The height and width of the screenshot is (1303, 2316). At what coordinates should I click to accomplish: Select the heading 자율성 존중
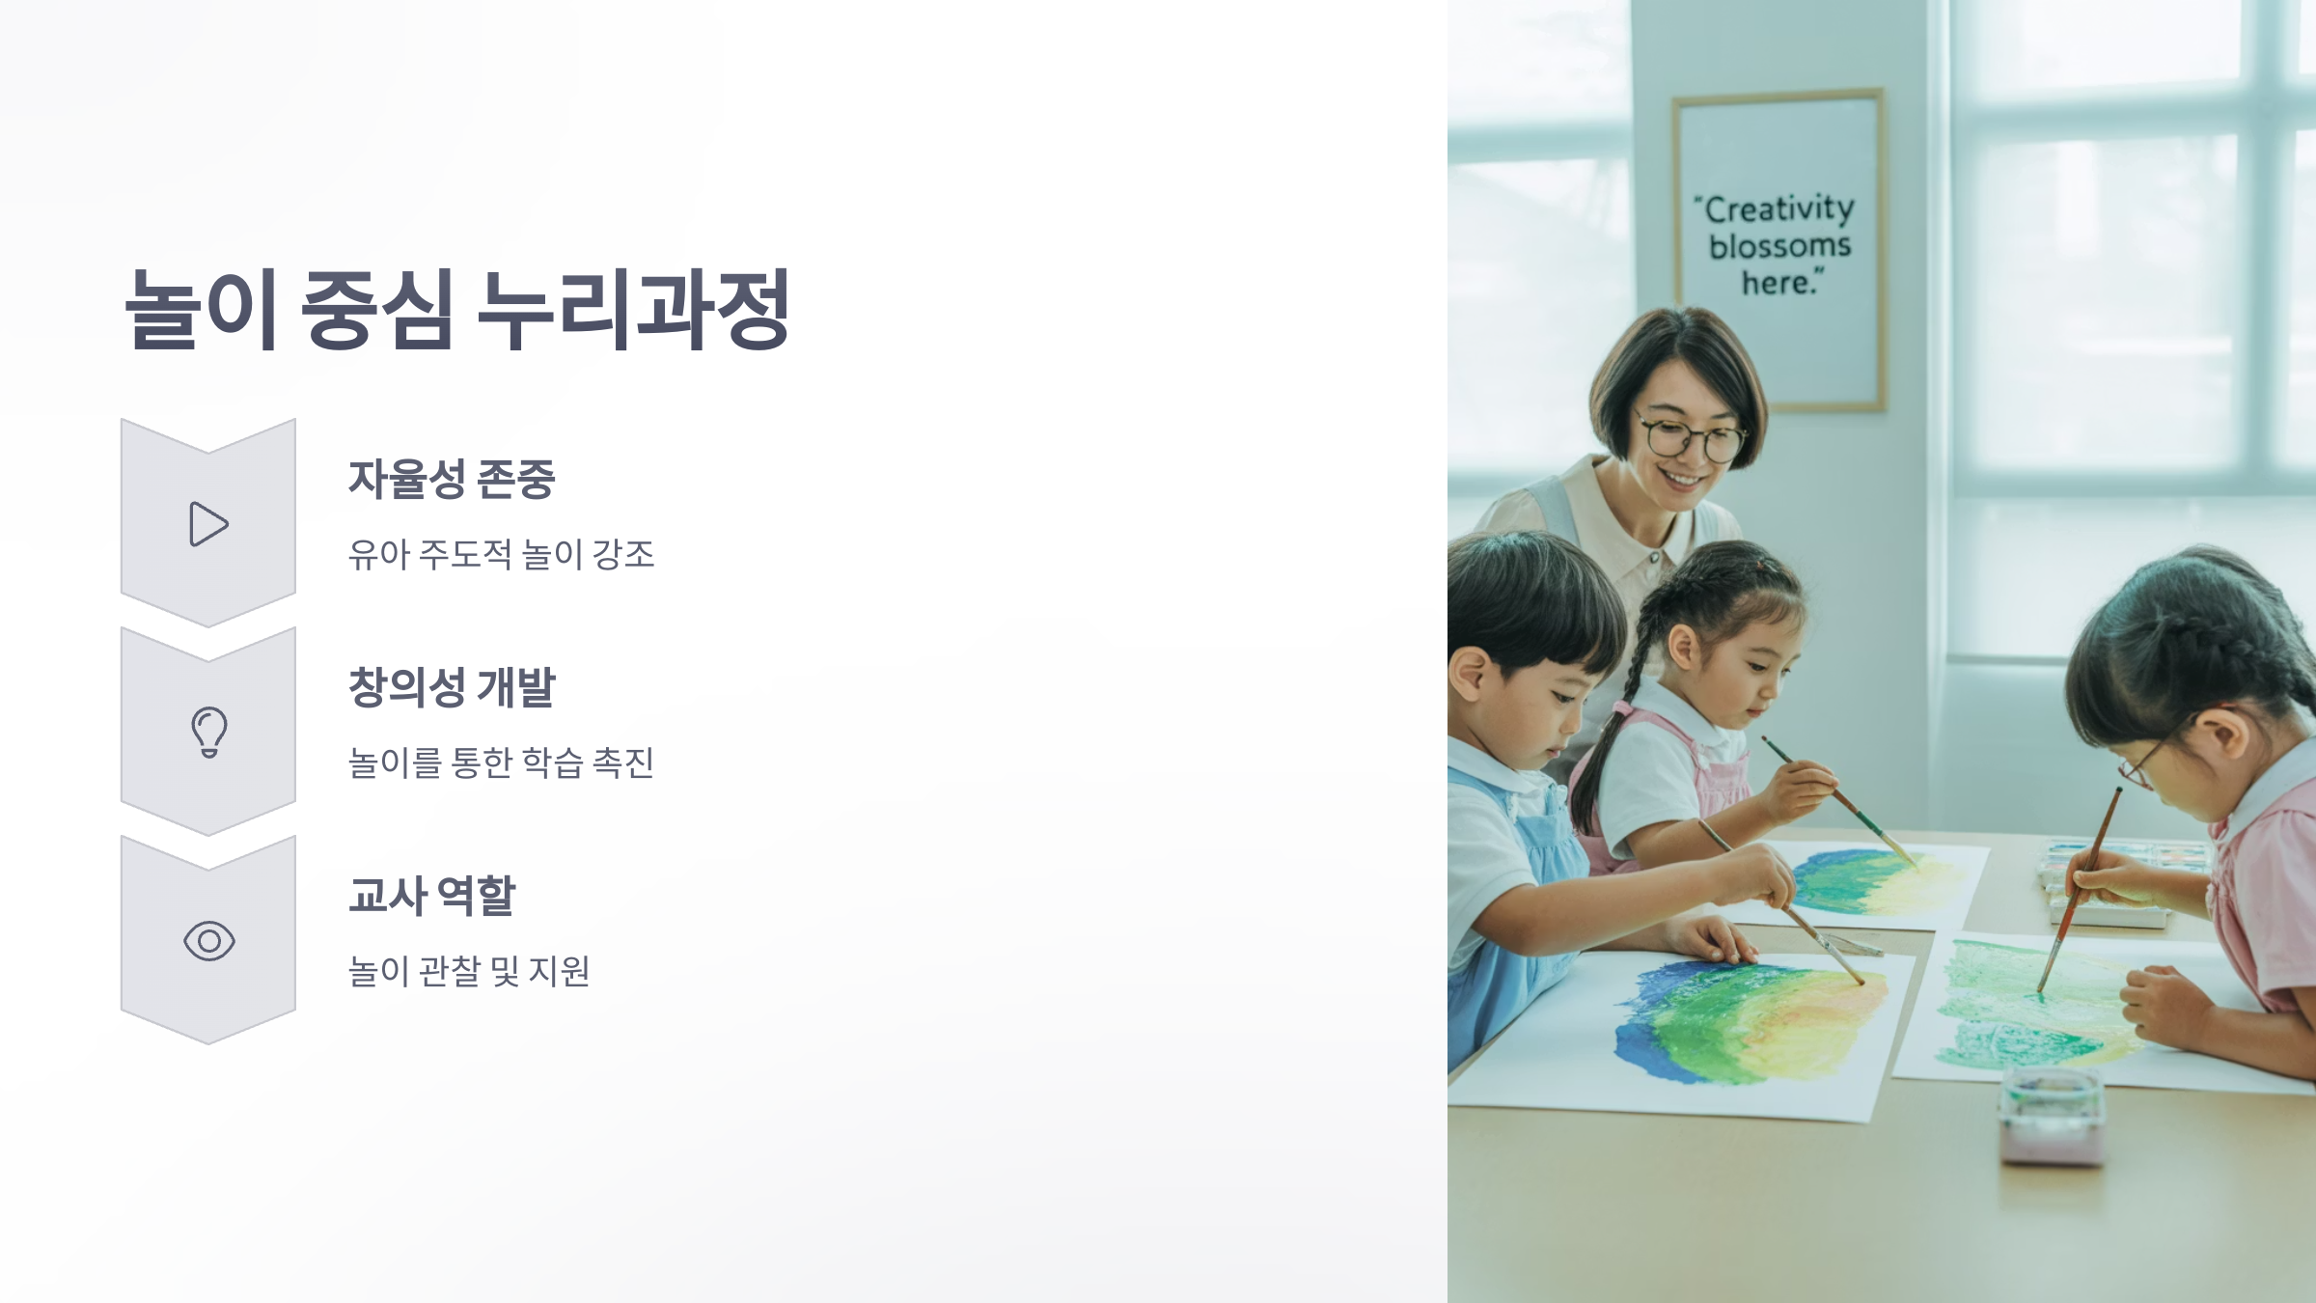451,480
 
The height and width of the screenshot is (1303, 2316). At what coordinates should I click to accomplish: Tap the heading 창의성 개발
451,687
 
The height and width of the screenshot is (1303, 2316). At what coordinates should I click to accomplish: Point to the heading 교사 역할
431,896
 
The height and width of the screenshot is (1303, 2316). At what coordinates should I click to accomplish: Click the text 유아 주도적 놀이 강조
501,555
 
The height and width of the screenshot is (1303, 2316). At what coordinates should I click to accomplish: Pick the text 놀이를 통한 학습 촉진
501,763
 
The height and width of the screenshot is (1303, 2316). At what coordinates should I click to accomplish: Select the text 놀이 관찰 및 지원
468,971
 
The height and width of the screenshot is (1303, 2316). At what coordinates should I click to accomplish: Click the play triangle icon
208,524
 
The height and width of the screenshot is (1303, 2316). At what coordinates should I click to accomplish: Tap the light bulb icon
208,732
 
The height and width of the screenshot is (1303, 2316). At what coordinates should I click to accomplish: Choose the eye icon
208,941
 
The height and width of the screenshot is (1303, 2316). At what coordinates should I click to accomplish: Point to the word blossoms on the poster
1779,246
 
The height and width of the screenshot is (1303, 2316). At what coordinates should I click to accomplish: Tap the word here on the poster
1780,284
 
